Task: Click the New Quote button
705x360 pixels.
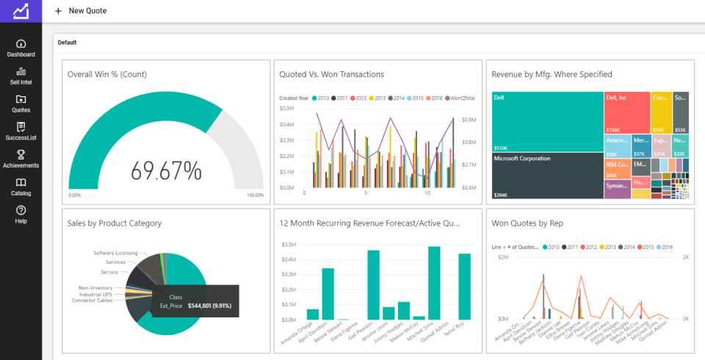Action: coord(80,11)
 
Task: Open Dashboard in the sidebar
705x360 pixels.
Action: coord(21,48)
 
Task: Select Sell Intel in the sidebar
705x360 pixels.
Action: coord(21,76)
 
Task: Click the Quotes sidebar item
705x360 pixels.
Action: coord(21,104)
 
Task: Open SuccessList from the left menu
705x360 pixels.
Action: coord(21,132)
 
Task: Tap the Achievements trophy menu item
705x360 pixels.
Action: coord(21,159)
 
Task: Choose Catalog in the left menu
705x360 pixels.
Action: coord(21,187)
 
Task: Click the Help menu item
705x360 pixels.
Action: coord(21,215)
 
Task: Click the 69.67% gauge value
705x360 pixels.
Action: coord(166,170)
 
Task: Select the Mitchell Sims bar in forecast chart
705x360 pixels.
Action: coord(434,283)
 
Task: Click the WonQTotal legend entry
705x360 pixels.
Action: coord(460,98)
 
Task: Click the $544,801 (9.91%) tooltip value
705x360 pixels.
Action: coord(209,305)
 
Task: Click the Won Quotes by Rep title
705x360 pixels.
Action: coord(531,223)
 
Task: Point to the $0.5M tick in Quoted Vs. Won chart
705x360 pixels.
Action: coord(287,108)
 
